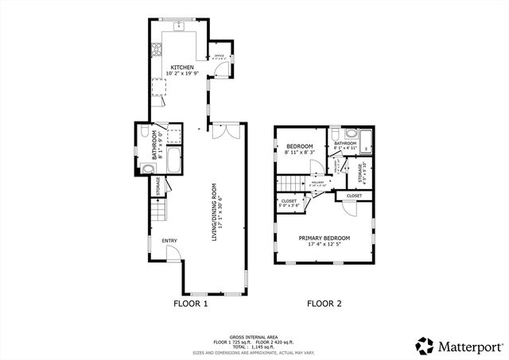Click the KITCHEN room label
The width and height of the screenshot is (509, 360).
(x=180, y=67)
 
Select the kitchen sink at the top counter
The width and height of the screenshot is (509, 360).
(x=180, y=26)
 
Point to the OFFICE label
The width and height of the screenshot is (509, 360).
(x=220, y=55)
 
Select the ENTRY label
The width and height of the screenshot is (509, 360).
(x=169, y=241)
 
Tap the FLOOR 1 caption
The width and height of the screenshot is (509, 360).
(x=190, y=304)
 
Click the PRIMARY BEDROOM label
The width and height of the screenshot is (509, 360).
(x=325, y=238)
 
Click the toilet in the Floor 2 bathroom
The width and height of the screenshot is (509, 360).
(x=335, y=134)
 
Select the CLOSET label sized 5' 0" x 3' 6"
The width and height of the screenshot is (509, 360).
(x=289, y=202)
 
